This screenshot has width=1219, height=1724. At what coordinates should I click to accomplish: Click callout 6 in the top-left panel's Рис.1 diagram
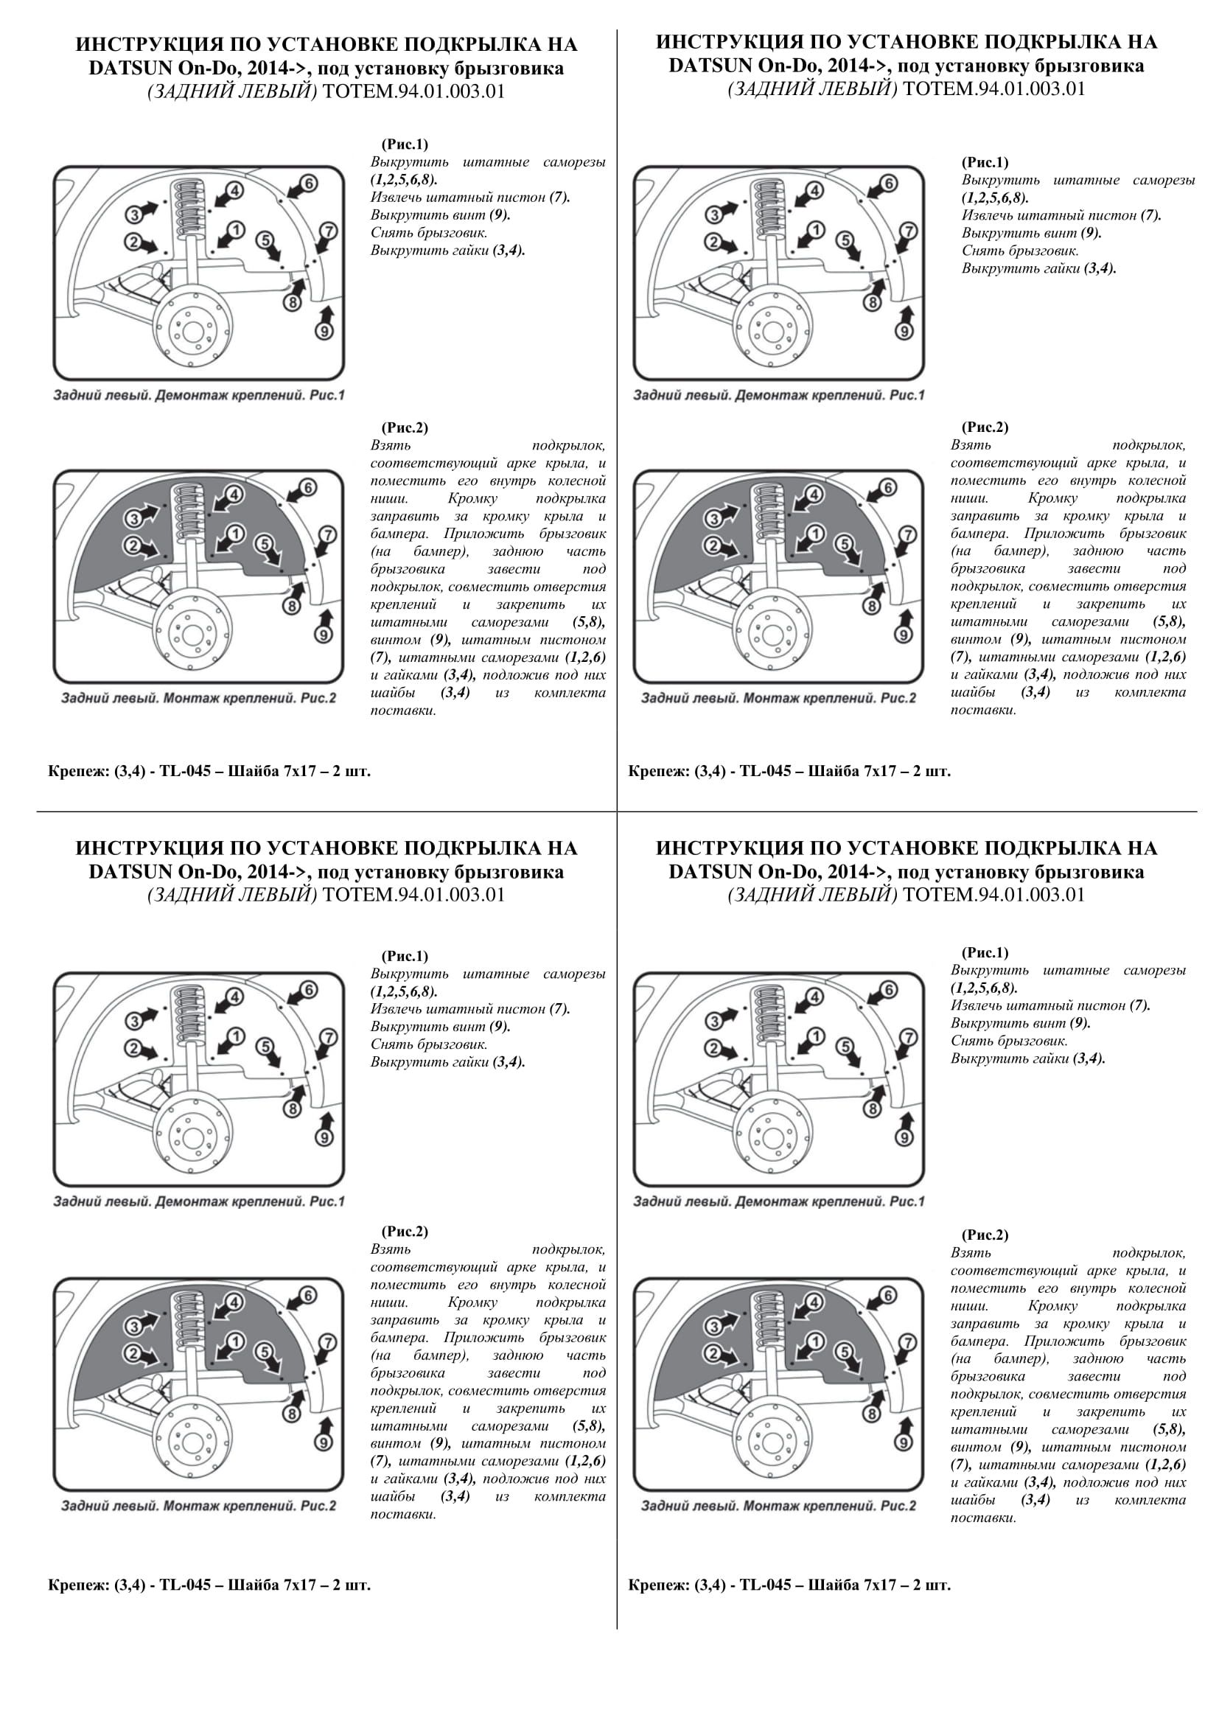tap(310, 183)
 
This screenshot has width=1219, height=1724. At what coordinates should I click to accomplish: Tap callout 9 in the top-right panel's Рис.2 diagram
tap(904, 634)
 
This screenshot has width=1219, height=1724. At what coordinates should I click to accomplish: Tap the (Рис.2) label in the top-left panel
tap(405, 427)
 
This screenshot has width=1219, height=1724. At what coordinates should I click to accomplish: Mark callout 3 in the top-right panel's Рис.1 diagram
tap(715, 214)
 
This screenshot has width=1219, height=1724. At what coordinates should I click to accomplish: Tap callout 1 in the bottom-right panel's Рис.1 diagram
tap(816, 1036)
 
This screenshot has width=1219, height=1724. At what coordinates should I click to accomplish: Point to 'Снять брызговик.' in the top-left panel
tap(429, 233)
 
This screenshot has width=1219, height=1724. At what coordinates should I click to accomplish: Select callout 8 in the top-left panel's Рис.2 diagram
tap(292, 605)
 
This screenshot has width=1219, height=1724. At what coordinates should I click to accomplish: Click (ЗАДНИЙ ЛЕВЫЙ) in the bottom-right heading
tap(812, 895)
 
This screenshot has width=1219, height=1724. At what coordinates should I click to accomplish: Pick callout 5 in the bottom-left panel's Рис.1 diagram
tap(265, 1046)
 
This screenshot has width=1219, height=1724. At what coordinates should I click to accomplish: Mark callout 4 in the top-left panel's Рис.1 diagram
tap(235, 191)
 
